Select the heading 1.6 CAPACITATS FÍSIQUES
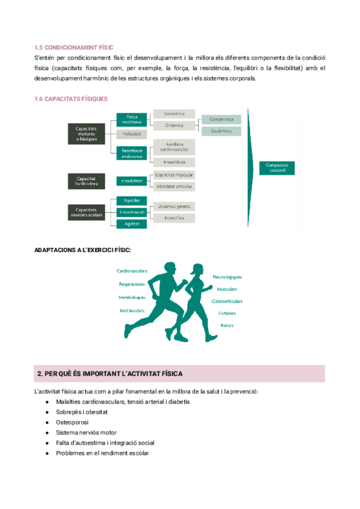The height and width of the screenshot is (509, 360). [71, 99]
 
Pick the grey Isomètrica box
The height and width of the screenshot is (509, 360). [174, 113]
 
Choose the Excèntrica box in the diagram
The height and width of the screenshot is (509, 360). [221, 131]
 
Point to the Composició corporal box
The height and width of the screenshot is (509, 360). [277, 167]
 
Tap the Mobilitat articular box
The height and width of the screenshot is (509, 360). [174, 187]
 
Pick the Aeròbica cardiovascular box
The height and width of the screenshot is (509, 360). [174, 146]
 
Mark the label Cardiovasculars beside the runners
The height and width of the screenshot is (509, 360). [132, 271]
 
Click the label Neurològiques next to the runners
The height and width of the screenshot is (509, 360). [227, 277]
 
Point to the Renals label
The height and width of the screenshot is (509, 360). [227, 325]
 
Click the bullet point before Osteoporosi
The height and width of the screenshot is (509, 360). [46, 422]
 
